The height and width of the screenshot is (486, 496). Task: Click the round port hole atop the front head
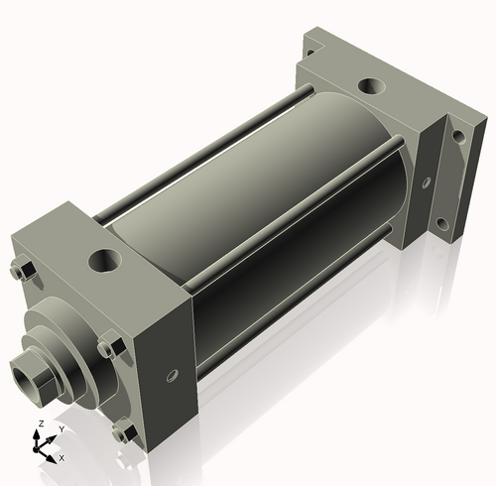click(104, 262)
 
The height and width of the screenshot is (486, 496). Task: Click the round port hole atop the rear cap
click(375, 89)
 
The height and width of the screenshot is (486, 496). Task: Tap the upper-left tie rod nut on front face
click(24, 269)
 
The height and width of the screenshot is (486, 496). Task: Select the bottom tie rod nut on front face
click(123, 432)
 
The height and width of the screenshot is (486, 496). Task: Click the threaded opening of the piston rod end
click(23, 378)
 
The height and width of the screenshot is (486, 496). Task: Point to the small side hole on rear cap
click(424, 182)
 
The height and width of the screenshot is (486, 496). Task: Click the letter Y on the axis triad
click(61, 429)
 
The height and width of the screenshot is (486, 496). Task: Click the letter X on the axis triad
click(62, 458)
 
